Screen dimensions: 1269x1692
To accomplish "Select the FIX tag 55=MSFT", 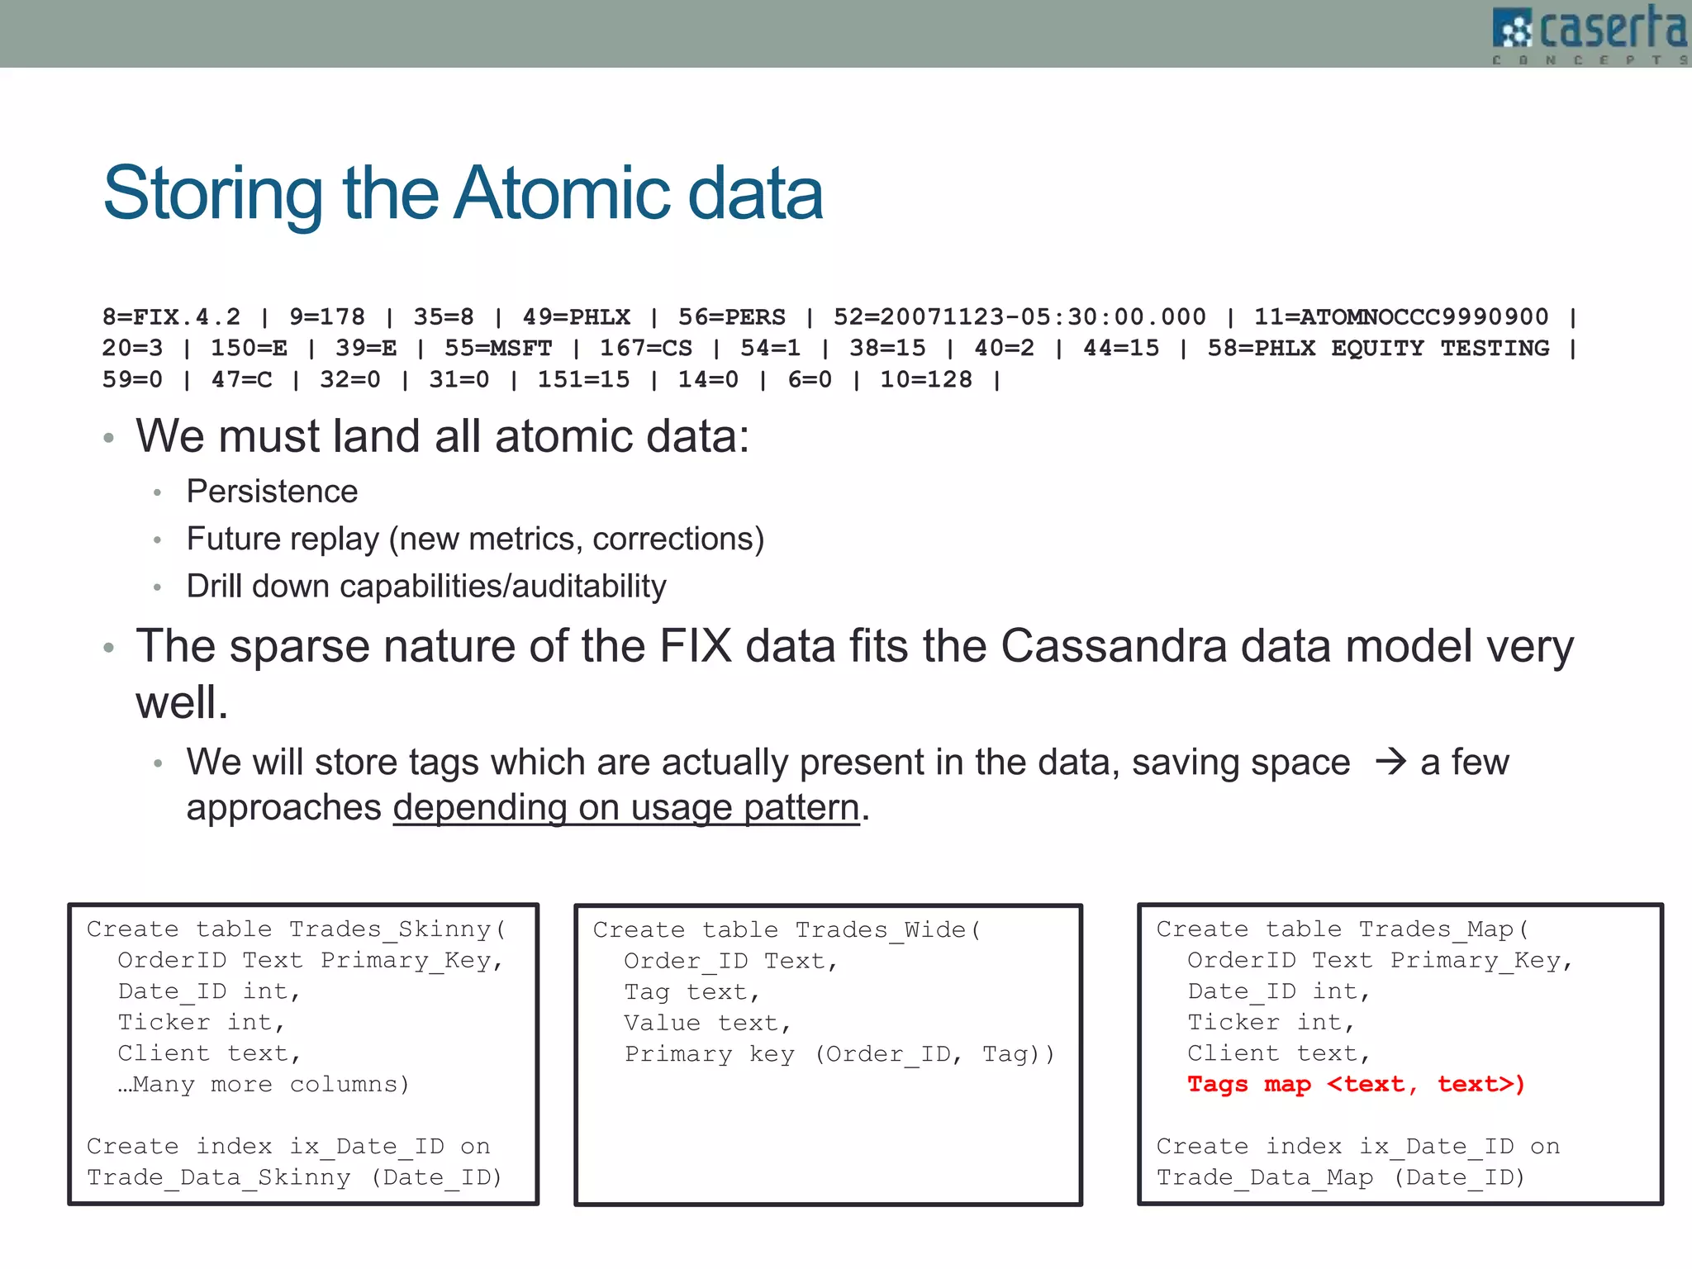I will (498, 348).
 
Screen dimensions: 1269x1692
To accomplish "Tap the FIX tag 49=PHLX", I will (576, 316).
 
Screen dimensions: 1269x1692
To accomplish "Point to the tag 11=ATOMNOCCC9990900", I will (1401, 316).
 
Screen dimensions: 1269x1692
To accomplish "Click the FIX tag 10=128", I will (926, 379).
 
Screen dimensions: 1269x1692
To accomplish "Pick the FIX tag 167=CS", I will (646, 348).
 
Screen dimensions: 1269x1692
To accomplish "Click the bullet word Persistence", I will (272, 492).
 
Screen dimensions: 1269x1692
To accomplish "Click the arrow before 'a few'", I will (1390, 761).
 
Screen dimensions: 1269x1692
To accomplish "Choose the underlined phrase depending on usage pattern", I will (626, 807).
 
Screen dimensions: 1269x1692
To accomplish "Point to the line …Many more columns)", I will (264, 1084).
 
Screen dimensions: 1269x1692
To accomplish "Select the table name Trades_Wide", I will (881, 929).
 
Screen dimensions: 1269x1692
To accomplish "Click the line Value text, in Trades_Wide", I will (707, 1023).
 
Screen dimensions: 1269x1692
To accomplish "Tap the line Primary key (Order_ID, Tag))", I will (839, 1054).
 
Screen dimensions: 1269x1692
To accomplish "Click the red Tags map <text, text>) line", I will (1356, 1084).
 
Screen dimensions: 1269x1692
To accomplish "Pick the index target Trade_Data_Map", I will (1265, 1177).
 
